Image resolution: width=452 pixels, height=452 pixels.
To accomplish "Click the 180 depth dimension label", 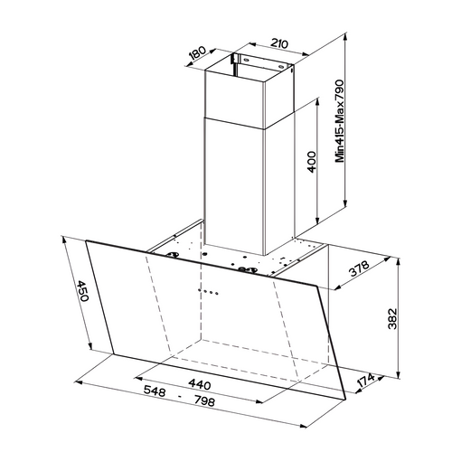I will (x=196, y=52).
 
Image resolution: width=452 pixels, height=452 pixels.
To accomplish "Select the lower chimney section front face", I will (x=238, y=181).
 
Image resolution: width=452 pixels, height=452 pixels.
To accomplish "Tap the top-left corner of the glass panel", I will (x=87, y=240).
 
